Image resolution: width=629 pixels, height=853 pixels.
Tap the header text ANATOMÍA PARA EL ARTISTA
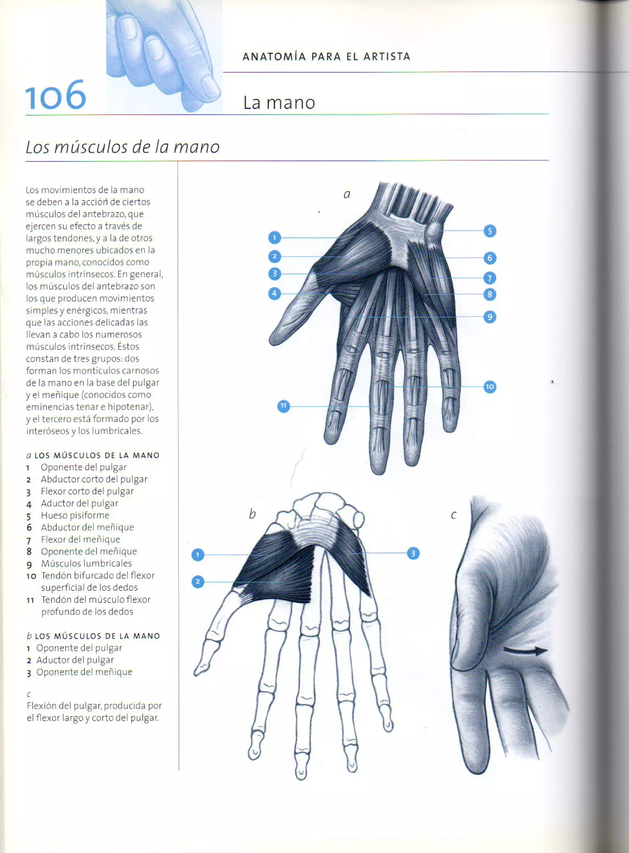click(326, 57)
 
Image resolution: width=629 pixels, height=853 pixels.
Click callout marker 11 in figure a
click(283, 406)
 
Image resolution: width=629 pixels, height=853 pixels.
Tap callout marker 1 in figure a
click(274, 238)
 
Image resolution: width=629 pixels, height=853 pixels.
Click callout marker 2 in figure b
click(197, 581)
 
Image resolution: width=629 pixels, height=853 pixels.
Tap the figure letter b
click(252, 514)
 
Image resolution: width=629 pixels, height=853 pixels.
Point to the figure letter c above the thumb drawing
click(453, 515)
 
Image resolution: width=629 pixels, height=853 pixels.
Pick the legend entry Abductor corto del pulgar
click(94, 479)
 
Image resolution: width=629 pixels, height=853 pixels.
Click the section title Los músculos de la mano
click(123, 147)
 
